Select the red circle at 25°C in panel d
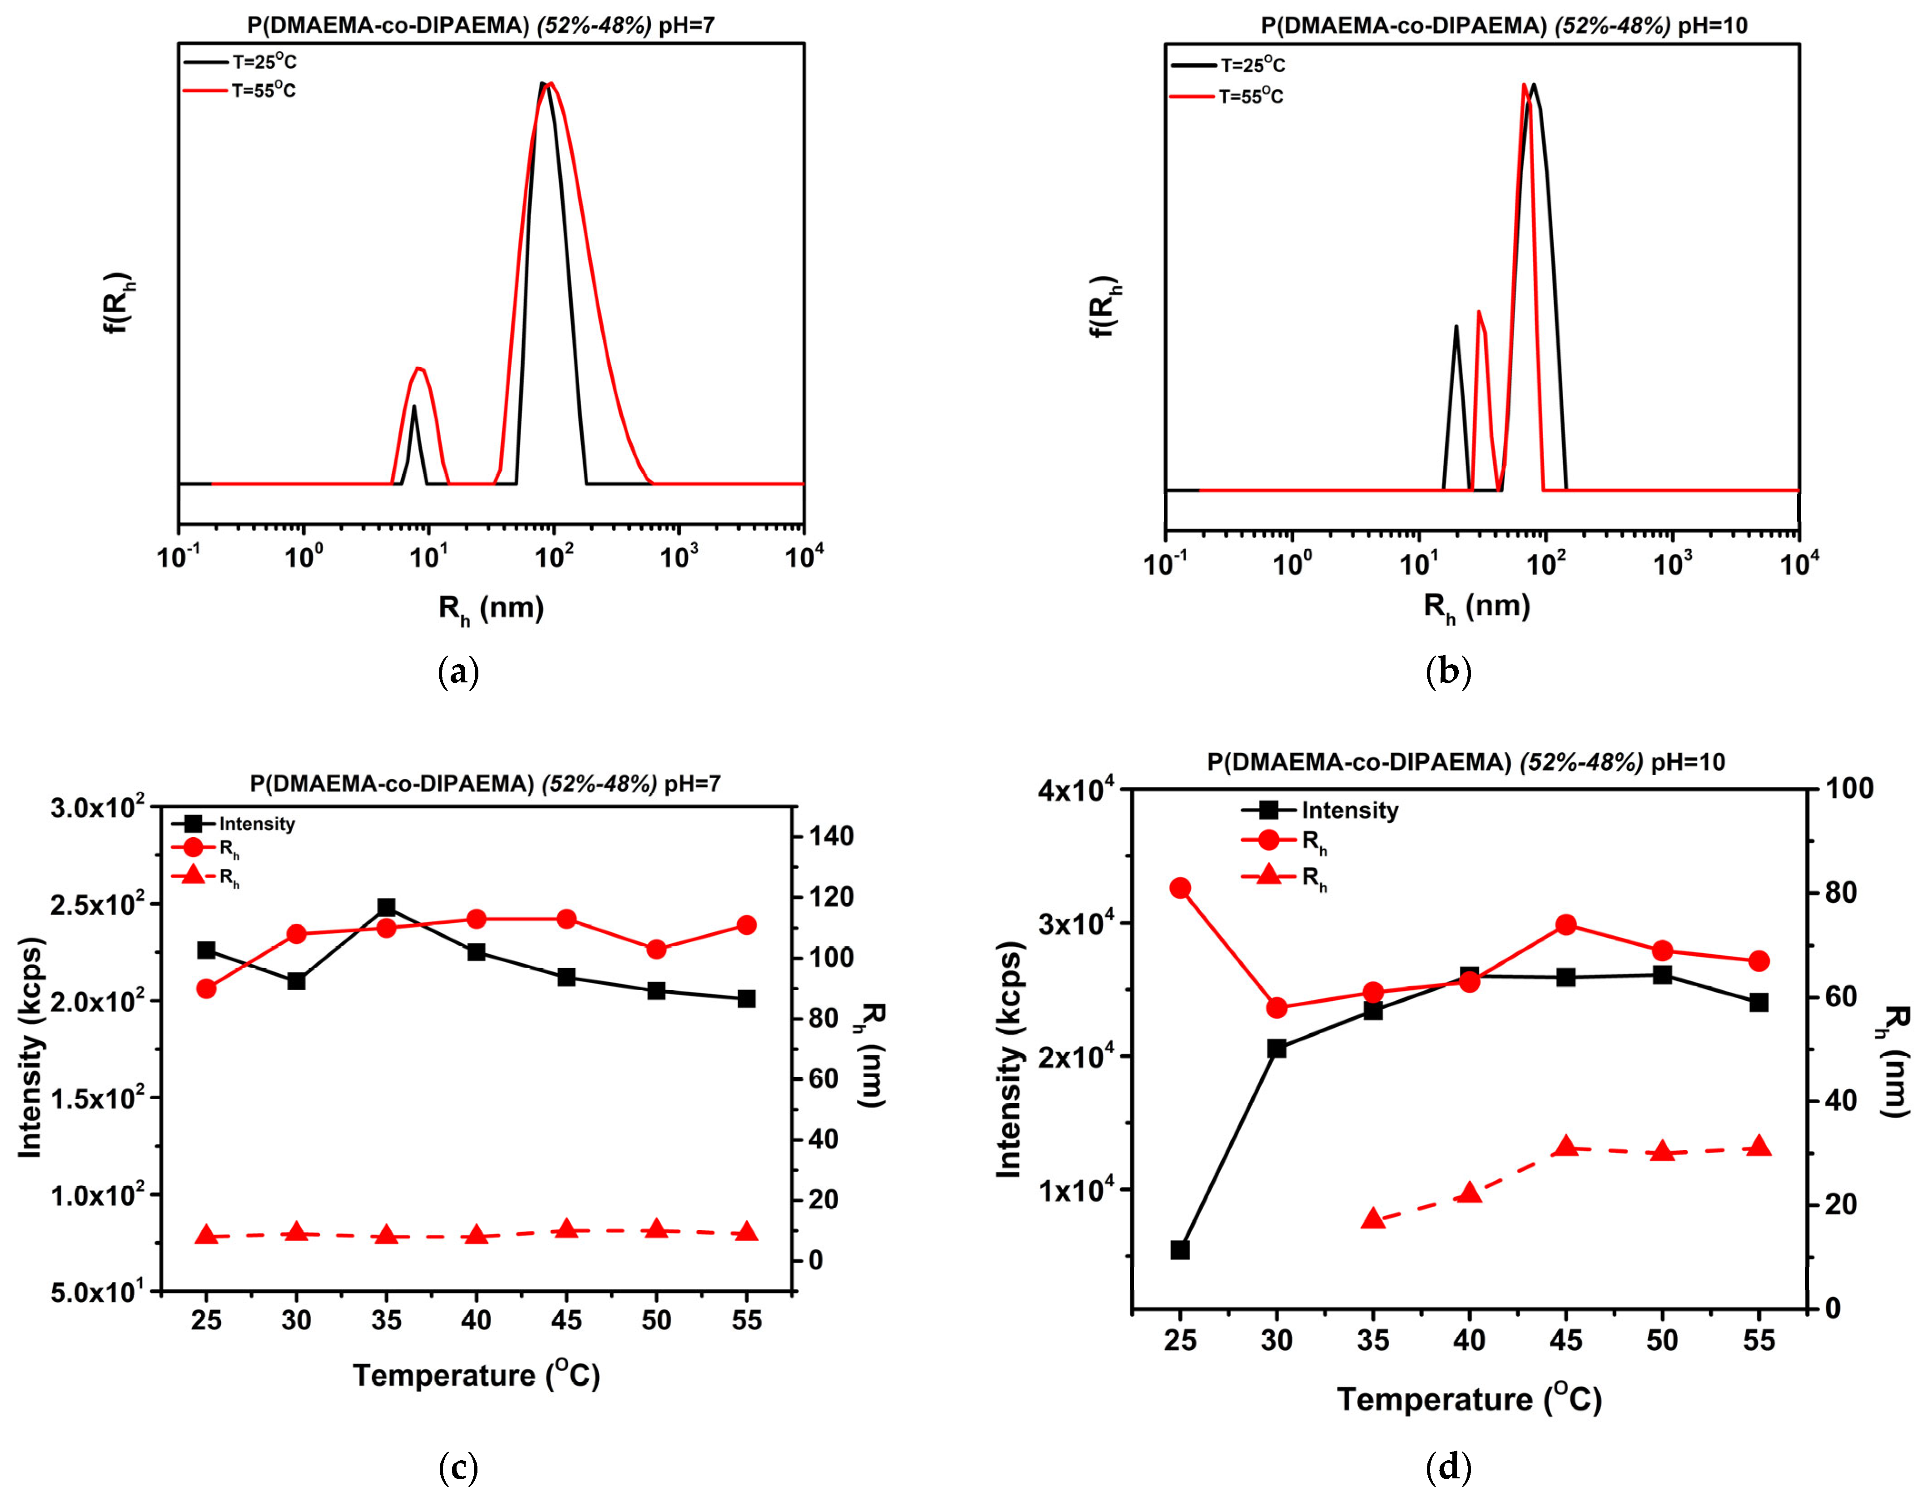pyautogui.click(x=1181, y=888)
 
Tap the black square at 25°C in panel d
pyautogui.click(x=1181, y=1249)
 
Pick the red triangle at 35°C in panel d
pyautogui.click(x=1373, y=1219)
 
